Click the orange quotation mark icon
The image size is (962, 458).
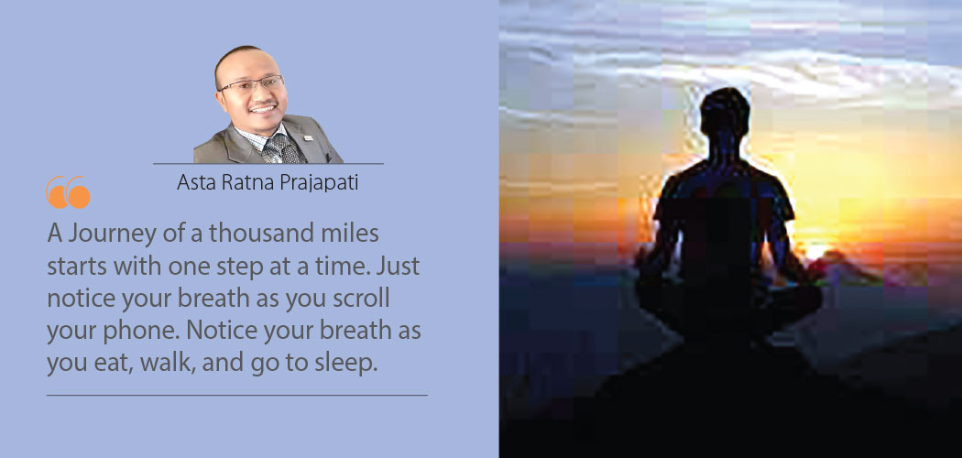click(x=68, y=192)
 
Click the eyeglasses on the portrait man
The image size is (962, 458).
click(x=253, y=83)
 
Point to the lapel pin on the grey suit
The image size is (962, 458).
click(x=308, y=138)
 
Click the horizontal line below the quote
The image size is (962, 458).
click(x=236, y=396)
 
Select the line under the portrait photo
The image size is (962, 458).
click(x=268, y=164)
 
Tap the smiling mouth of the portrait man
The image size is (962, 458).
click(x=263, y=109)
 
